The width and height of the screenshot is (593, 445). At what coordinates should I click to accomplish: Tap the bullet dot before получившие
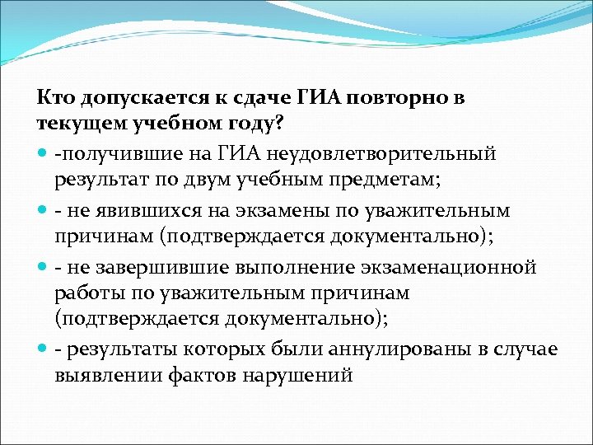pyautogui.click(x=42, y=153)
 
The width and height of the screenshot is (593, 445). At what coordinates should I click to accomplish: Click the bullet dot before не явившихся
pyautogui.click(x=42, y=211)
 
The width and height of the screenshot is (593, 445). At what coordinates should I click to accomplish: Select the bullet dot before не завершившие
pyautogui.click(x=42, y=268)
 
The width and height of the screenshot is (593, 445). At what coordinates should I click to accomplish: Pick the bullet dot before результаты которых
pyautogui.click(x=42, y=349)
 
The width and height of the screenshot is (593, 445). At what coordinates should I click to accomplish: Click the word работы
pyautogui.click(x=90, y=294)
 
